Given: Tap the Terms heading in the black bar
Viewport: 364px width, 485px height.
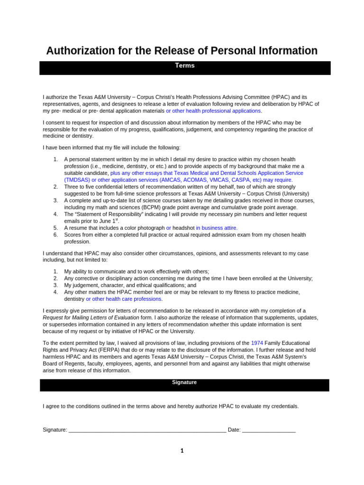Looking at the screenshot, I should tap(185, 66).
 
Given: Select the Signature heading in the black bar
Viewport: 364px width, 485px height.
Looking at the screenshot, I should tap(184, 382).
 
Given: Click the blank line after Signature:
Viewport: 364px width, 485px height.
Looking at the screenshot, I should tap(147, 431).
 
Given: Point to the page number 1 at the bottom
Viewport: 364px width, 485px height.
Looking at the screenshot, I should tap(182, 451).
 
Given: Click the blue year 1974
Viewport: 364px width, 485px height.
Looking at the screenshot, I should tap(257, 343).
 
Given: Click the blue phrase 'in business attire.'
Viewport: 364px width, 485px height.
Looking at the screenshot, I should tap(217, 228).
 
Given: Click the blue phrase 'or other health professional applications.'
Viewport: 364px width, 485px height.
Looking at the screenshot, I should tap(213, 111).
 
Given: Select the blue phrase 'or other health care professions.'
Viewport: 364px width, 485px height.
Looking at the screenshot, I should tap(124, 299).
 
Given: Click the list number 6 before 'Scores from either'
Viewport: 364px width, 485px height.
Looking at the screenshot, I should tap(55, 235).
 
